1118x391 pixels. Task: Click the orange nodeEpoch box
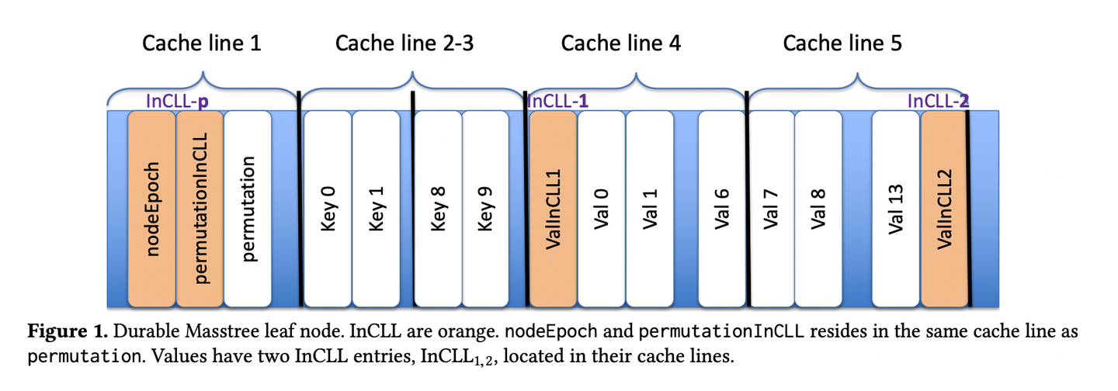click(152, 209)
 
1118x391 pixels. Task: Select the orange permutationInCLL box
click(200, 209)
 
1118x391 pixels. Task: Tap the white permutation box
click(248, 209)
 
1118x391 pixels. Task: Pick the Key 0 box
click(328, 209)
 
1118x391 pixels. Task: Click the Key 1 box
click(376, 209)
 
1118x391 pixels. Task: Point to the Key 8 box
click(439, 209)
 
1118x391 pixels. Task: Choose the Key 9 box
click(486, 209)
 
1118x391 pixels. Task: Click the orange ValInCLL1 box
click(553, 209)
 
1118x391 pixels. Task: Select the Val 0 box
click(601, 209)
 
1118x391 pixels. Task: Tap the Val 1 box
click(649, 209)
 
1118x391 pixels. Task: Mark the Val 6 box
click(721, 209)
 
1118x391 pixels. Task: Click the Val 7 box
click(769, 209)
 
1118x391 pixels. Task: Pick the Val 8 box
click(818, 209)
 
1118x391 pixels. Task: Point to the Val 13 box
click(897, 209)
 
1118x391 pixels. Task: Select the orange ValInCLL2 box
click(944, 209)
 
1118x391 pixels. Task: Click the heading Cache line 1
click(201, 43)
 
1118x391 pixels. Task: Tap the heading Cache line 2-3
click(404, 43)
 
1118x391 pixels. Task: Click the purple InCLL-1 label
click(557, 100)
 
